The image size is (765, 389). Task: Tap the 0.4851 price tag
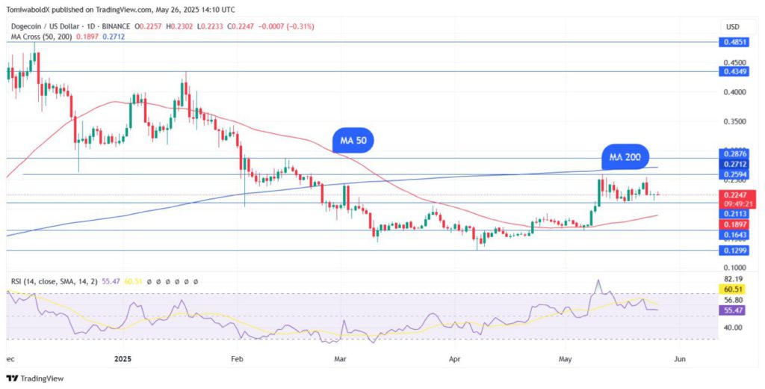coord(732,43)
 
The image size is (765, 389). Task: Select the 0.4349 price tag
coord(732,72)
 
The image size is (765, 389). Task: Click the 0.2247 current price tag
coord(732,195)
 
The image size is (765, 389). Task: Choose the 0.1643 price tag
coord(732,235)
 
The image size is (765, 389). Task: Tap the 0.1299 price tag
coord(732,251)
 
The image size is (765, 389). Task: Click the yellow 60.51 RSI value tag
coord(732,290)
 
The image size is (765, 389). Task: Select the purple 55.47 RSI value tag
coord(732,309)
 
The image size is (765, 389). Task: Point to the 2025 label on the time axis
coord(123,358)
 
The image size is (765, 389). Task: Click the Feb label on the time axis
coord(238,358)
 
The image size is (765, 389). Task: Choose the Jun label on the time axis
coord(679,358)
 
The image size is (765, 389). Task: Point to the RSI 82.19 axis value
coord(732,278)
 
